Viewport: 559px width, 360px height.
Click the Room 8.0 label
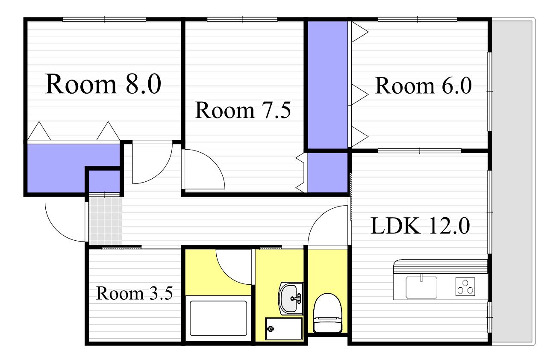click(x=103, y=84)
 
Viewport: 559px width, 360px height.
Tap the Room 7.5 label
click(x=243, y=110)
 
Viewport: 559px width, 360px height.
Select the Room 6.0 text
click(x=423, y=86)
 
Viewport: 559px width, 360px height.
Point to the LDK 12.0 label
click(x=421, y=226)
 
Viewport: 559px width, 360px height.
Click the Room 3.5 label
click(x=134, y=293)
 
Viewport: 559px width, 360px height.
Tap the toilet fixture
click(x=327, y=313)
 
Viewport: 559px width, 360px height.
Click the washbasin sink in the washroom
click(x=291, y=298)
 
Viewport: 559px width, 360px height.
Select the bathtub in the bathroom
click(x=218, y=318)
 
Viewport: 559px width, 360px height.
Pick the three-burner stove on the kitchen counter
click(x=465, y=286)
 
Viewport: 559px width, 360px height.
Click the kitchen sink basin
click(x=421, y=287)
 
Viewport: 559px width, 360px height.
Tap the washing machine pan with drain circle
click(x=284, y=328)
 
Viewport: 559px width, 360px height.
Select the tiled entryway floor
click(x=105, y=221)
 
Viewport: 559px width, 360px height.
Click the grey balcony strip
click(x=513, y=182)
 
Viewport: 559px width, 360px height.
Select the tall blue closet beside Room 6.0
click(x=327, y=85)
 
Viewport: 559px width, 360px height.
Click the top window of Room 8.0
click(x=104, y=19)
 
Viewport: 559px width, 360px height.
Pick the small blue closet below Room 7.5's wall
click(x=327, y=172)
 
